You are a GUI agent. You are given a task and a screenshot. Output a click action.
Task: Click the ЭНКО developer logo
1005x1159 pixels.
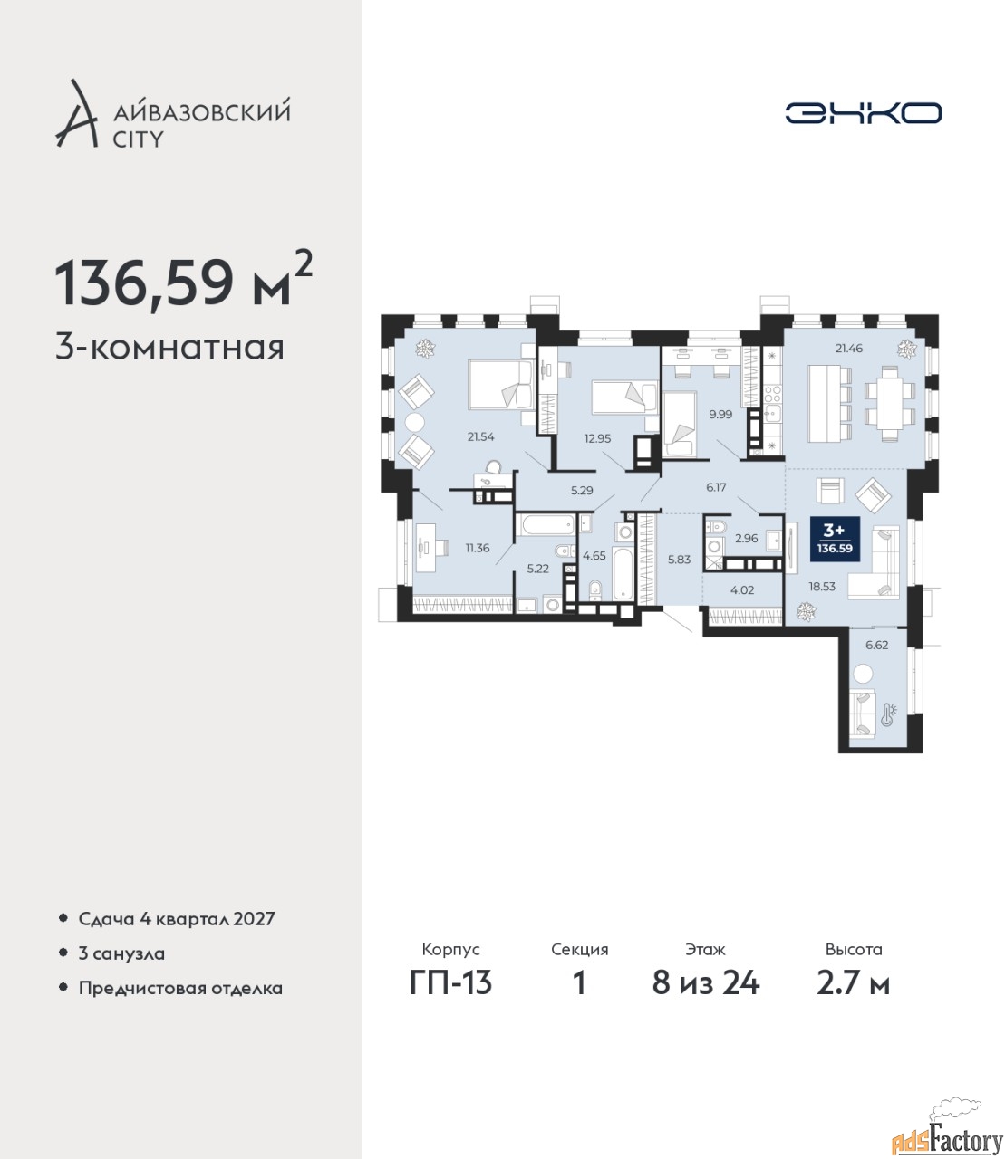[x=863, y=112]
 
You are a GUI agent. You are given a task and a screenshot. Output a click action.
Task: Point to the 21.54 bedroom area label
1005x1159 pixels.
[x=481, y=436]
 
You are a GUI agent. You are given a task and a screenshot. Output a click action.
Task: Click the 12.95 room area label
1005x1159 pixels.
[x=597, y=438]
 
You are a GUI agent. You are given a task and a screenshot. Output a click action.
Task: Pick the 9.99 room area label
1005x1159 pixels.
[x=720, y=415]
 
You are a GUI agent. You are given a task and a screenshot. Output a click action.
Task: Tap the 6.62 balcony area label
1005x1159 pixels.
[x=876, y=645]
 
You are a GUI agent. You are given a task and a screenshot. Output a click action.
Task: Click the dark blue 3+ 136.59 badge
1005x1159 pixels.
[x=835, y=539]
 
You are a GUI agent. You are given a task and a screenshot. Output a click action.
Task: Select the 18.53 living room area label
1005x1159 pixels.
[x=822, y=587]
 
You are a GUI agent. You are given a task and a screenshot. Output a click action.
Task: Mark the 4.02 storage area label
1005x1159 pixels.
[x=742, y=589]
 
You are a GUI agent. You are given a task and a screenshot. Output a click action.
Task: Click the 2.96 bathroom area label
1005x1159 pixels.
[x=747, y=538]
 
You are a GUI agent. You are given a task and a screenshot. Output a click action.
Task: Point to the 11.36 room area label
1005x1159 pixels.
[x=477, y=548]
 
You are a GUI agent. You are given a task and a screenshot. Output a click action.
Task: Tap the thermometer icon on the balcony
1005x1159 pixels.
[x=889, y=714]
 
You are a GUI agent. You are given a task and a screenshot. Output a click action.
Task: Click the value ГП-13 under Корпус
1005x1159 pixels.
[x=450, y=983]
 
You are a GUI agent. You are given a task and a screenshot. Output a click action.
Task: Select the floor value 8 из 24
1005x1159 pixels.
[x=705, y=983]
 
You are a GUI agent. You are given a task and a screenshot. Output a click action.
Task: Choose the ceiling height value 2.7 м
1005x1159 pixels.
[x=853, y=983]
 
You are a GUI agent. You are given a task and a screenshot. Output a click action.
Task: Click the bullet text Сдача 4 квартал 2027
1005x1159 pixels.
[x=177, y=919]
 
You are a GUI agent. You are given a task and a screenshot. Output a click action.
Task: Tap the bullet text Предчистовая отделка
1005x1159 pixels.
[x=180, y=988]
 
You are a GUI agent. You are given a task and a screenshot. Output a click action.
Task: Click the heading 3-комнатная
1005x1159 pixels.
[x=169, y=349]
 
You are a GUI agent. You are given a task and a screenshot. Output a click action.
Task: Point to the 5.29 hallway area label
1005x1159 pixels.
[x=582, y=490]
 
